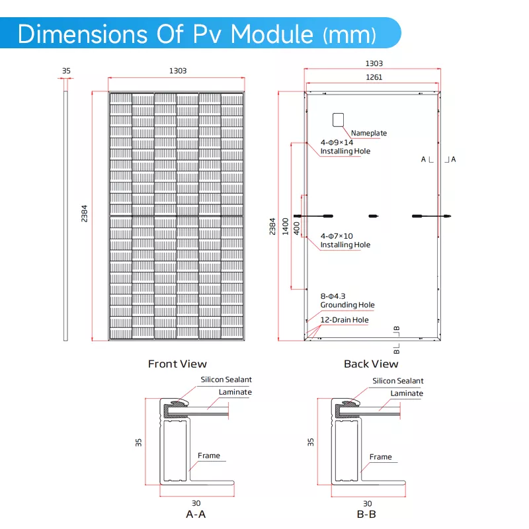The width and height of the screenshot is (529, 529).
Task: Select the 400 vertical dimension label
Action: (x=296, y=227)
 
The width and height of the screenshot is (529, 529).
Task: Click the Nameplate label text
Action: (x=369, y=133)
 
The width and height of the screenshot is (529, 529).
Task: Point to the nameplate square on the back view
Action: (x=339, y=119)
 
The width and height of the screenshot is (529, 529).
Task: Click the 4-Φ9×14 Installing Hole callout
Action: (x=345, y=147)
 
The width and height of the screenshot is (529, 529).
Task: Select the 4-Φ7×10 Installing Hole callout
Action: (x=345, y=240)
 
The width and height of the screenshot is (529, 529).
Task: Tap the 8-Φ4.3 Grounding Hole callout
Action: (x=347, y=300)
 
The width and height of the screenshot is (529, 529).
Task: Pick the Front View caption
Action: (x=177, y=364)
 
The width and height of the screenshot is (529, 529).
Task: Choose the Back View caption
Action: (x=371, y=364)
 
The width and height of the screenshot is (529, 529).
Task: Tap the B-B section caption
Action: (x=368, y=514)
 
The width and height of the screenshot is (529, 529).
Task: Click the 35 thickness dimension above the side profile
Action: (x=65, y=70)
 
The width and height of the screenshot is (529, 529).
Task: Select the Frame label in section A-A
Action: (x=209, y=456)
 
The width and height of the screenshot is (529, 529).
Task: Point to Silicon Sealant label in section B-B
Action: (x=398, y=381)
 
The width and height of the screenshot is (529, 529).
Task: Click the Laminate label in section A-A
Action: (x=235, y=392)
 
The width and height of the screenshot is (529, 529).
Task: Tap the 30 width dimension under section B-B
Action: (x=368, y=503)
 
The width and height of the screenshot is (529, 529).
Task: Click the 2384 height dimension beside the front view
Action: (x=84, y=214)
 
